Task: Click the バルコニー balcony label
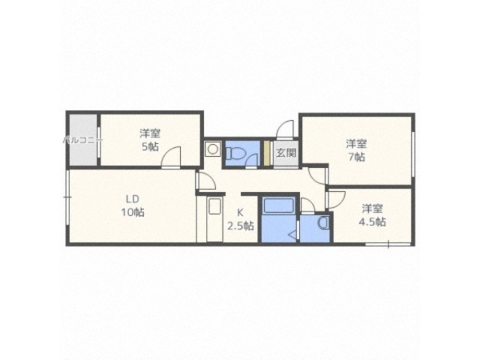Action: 83,140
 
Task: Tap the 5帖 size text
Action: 151,146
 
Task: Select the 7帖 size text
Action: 356,157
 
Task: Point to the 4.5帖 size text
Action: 373,221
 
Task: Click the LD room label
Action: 133,199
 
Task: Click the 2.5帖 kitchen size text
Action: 240,226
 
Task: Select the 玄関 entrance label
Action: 286,152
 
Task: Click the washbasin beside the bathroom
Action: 323,224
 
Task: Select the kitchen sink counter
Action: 215,220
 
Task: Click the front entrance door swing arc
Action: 284,129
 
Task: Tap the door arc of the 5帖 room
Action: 173,157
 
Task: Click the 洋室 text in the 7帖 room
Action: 356,144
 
